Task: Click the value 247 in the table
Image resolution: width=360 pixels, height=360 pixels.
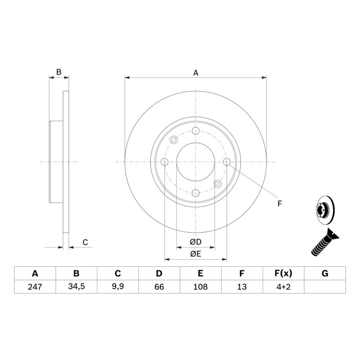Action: point(35,287)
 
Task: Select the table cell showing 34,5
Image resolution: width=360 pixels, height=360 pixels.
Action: point(76,287)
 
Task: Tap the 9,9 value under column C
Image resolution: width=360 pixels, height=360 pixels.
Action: point(117,287)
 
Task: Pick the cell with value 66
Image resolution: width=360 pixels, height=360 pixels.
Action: point(159,287)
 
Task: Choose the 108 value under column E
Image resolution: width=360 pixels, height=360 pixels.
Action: point(200,287)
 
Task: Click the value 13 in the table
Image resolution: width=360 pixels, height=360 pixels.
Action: point(242,287)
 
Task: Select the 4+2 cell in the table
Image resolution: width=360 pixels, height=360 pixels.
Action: point(283,287)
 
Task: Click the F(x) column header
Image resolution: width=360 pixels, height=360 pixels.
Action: point(283,274)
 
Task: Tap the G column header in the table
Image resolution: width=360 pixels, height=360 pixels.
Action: point(325,274)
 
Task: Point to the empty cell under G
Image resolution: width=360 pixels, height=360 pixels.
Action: point(325,287)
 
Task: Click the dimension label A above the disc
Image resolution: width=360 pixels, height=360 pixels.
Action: point(196,72)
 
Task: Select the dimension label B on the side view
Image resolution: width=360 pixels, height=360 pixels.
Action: point(58,72)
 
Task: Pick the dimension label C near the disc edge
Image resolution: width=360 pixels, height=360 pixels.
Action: point(84,243)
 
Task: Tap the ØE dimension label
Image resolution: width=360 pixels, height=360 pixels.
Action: point(195,255)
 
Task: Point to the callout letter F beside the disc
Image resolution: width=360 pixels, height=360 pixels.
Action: point(279,204)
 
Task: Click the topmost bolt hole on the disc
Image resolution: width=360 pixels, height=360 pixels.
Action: point(196,131)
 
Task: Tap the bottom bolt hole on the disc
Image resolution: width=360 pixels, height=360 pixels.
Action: point(196,193)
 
